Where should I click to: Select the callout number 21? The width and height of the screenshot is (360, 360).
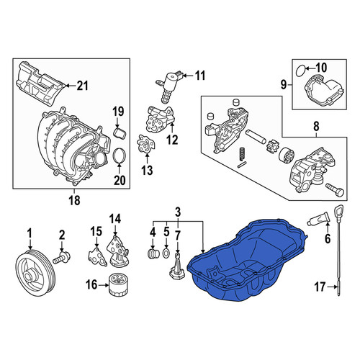coord(82,86)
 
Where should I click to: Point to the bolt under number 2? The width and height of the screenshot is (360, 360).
coord(61,258)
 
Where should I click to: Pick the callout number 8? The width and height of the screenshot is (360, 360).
coord(316,126)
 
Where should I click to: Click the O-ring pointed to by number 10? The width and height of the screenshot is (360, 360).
coord(300,71)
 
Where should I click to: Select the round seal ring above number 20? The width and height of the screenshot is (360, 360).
coord(120,156)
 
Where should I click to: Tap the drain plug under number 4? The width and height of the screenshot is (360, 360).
coord(153,254)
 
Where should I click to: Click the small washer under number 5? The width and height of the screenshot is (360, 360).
coord(166,253)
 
